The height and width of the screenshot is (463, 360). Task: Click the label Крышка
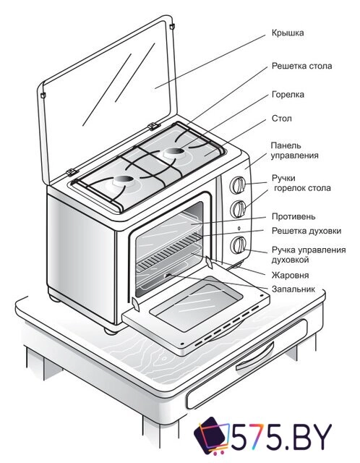pos(288,33)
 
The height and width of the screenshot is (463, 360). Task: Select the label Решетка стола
pos(301,66)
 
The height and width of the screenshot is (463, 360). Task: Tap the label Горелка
pos(287,94)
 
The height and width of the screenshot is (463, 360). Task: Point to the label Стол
pos(281,118)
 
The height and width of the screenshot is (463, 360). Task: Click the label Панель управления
pos(294,150)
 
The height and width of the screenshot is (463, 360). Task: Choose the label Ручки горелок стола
pos(301,182)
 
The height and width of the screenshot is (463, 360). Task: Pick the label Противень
pos(293,216)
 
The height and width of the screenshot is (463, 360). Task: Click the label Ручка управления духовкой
pos(307,254)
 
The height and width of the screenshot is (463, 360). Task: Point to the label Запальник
pos(293,289)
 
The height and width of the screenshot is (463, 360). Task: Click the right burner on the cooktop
pos(173,152)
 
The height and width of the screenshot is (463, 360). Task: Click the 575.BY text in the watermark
pos(283,436)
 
